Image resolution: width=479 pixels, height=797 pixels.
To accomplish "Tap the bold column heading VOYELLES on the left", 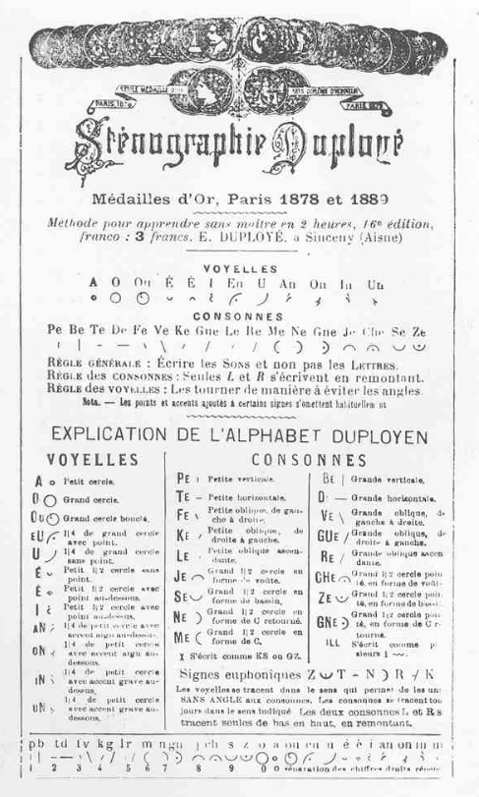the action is (91, 459).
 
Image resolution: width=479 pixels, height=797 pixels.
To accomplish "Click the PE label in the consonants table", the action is (183, 479).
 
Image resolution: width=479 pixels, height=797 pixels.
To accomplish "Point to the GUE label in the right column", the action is (327, 536).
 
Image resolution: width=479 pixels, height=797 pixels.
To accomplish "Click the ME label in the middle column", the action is (183, 636).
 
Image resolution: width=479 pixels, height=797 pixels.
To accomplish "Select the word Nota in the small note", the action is (93, 401).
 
